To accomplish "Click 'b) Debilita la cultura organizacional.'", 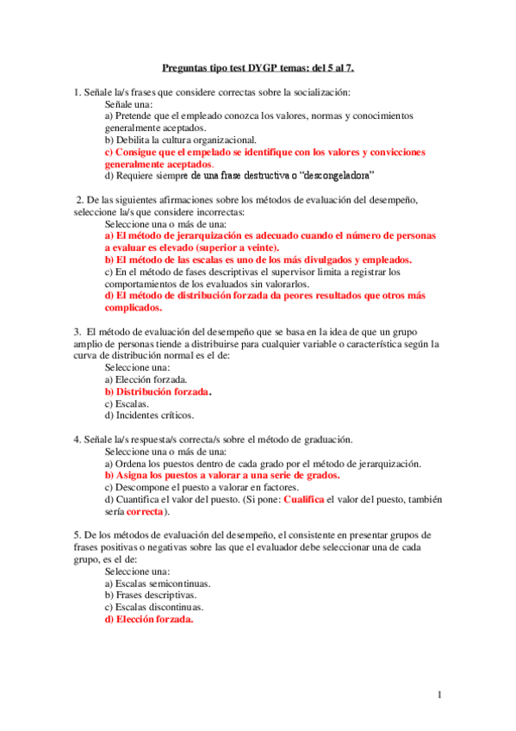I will [180, 139].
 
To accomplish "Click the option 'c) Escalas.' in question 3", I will [127, 403].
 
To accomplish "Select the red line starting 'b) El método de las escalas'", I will [258, 259].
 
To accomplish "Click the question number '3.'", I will [77, 331].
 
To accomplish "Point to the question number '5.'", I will [77, 534].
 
